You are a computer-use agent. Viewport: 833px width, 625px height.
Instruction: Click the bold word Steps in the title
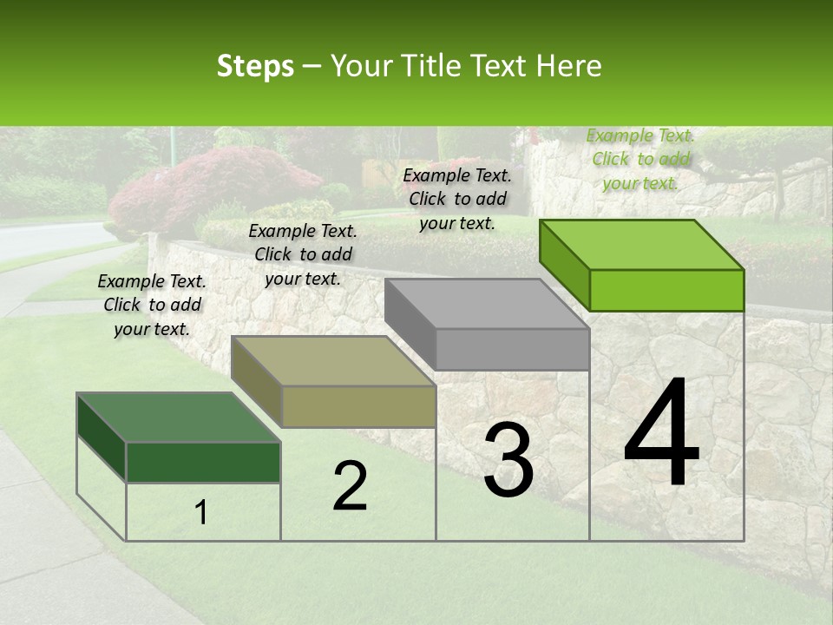[255, 66]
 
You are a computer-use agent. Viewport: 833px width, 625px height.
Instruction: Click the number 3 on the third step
[508, 460]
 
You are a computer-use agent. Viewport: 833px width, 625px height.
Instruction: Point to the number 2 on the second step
[351, 486]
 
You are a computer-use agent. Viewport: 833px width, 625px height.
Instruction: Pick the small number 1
[201, 513]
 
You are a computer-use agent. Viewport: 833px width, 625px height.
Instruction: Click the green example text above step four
[641, 159]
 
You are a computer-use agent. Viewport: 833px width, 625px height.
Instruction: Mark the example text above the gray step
[457, 199]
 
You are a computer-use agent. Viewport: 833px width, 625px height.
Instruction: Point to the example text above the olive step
[303, 254]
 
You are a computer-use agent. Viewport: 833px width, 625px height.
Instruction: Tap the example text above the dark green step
[152, 305]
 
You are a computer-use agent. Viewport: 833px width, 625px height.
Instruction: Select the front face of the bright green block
[666, 290]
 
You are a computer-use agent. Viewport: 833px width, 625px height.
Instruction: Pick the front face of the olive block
[358, 406]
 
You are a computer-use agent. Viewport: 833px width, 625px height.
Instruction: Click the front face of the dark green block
[203, 462]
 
